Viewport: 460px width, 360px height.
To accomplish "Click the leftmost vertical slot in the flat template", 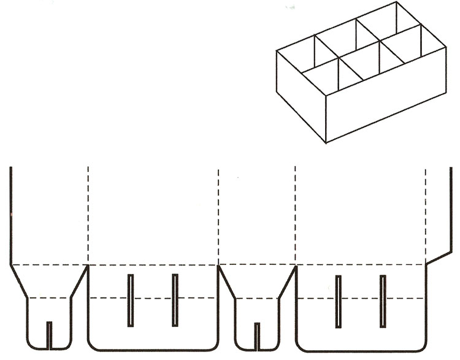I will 130,300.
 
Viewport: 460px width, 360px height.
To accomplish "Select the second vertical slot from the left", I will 175,300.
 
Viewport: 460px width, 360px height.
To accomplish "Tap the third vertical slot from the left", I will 338,301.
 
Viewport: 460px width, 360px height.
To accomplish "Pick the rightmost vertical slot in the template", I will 383,301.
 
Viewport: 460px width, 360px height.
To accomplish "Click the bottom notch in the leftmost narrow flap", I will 50,334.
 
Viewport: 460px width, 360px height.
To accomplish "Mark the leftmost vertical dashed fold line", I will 88,215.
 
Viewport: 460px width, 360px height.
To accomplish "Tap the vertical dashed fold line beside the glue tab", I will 426,215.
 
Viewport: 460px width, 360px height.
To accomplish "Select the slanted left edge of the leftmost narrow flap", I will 18,281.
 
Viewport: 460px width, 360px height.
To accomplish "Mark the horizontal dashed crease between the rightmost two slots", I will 360,298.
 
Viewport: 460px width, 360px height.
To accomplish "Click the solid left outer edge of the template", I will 10,215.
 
